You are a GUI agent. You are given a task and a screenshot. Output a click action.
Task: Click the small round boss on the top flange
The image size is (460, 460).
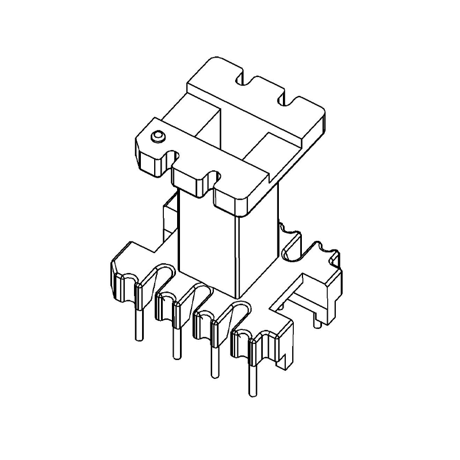(157, 137)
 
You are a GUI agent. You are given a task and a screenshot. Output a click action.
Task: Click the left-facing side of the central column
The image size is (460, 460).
(207, 241)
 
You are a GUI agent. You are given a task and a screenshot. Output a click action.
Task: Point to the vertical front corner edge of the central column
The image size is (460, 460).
(236, 253)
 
